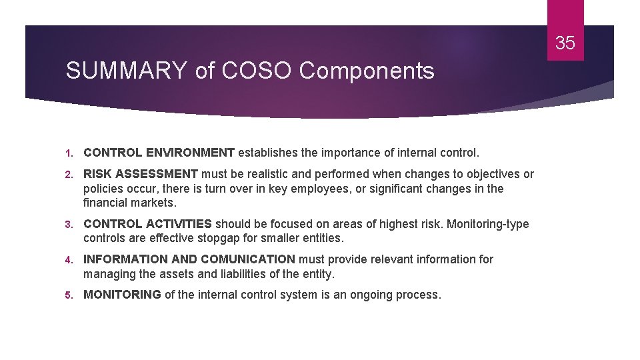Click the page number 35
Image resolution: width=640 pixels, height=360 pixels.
tap(565, 43)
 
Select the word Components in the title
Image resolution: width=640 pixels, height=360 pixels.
tap(367, 71)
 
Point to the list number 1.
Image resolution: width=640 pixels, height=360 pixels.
tap(69, 153)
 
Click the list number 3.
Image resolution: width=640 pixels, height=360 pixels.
tap(69, 225)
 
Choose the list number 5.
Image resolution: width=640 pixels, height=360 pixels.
tap(69, 295)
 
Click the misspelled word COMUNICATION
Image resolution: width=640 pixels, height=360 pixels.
tap(247, 259)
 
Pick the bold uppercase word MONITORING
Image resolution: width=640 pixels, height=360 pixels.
tap(122, 295)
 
